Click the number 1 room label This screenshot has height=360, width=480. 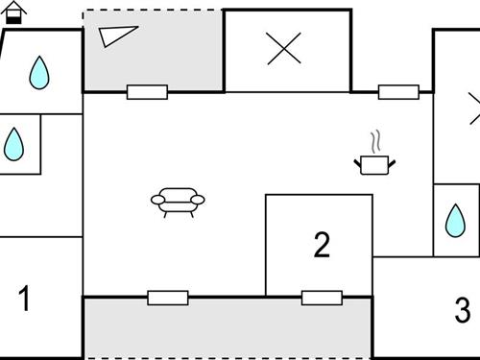(x=25, y=300)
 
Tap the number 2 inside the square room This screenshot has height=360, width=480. (x=323, y=246)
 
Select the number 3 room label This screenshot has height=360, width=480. (x=463, y=310)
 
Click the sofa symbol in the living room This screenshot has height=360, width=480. (x=178, y=202)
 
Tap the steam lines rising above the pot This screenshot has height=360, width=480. (x=376, y=140)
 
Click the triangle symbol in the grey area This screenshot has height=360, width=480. (x=117, y=36)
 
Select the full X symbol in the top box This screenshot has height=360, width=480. (x=283, y=50)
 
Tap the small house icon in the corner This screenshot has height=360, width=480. (x=17, y=12)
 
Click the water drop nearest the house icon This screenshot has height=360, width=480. (x=38, y=72)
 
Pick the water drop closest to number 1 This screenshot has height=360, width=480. (x=14, y=144)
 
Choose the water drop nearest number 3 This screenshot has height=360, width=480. (x=453, y=222)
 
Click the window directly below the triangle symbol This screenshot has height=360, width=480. (x=147, y=92)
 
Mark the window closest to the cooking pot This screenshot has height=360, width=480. (x=398, y=92)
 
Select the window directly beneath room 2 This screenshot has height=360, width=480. (x=322, y=297)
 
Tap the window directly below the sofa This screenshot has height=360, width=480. (x=168, y=297)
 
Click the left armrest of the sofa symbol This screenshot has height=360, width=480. (x=156, y=200)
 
